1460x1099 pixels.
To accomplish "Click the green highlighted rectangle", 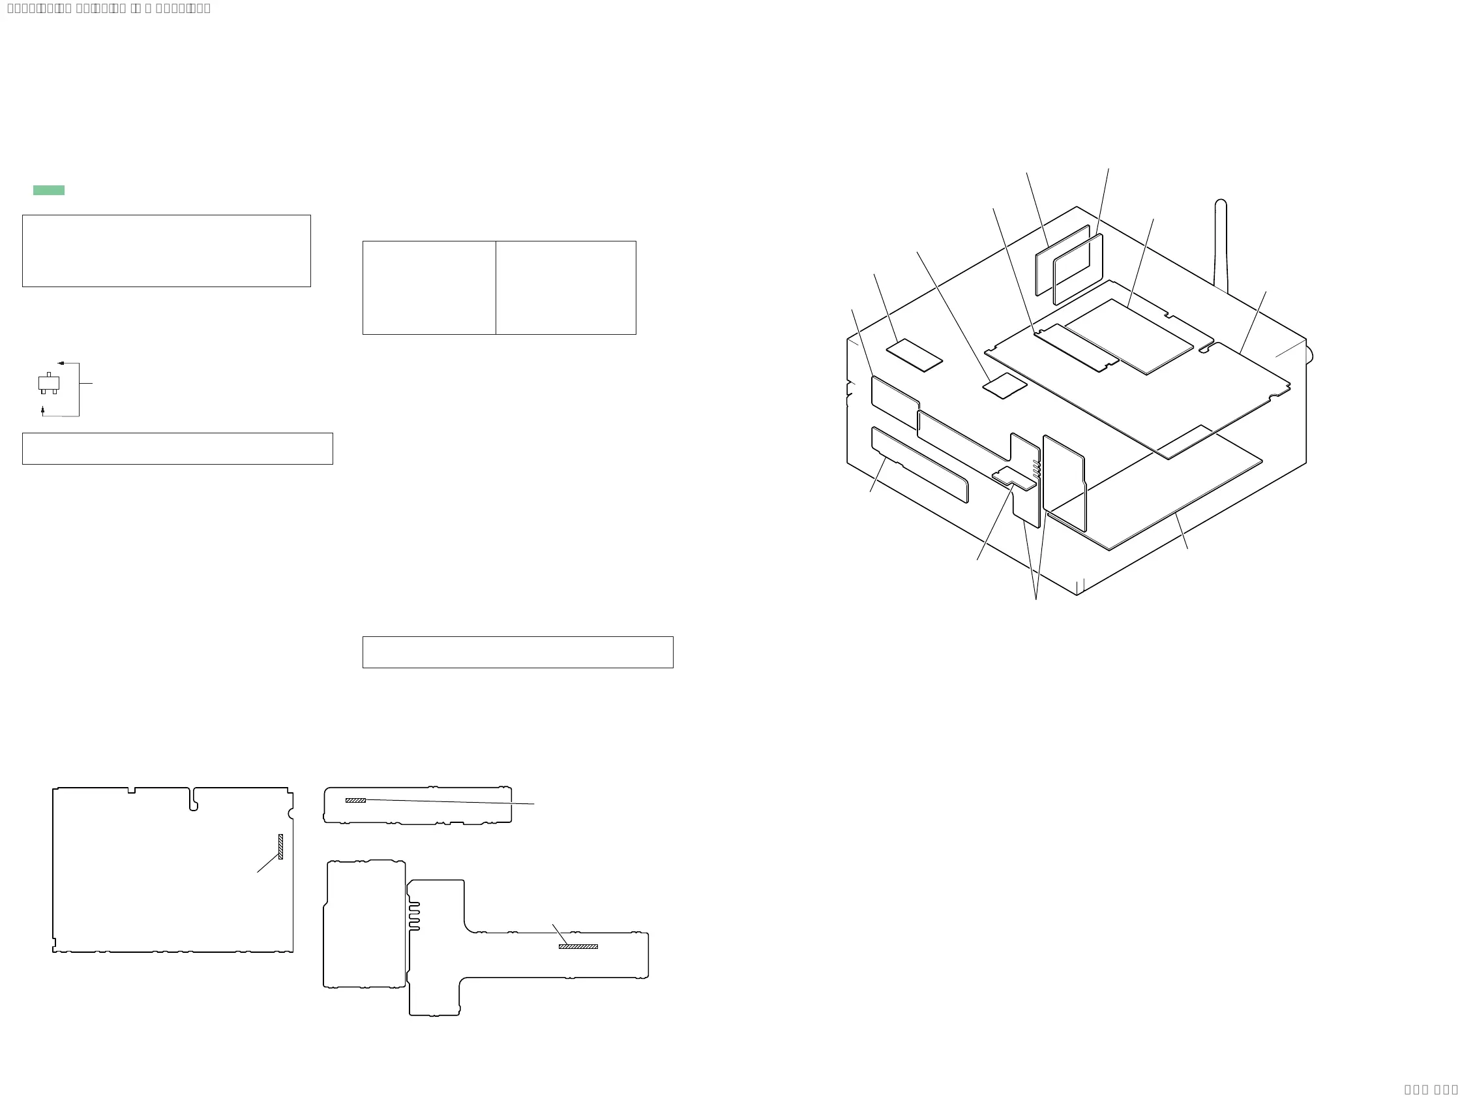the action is (49, 190).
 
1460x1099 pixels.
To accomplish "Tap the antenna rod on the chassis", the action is (1221, 244).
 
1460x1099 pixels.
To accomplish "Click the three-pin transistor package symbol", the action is (49, 383).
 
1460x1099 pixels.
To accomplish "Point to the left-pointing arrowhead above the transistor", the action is (61, 364).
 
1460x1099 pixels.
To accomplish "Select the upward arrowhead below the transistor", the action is (43, 410).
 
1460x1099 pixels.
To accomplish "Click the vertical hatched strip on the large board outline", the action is (280, 846).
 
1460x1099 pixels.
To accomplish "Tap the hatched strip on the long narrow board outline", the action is (355, 801).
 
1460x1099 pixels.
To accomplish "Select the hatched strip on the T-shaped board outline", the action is (578, 946).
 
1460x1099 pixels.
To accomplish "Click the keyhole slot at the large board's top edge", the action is (194, 800).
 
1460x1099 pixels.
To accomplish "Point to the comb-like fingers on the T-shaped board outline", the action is (414, 917).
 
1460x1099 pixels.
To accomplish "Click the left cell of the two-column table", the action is (429, 288).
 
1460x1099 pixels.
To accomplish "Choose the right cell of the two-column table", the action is (565, 288).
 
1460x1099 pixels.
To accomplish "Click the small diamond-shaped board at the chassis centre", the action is (1005, 386).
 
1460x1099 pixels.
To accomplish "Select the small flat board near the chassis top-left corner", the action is (914, 355).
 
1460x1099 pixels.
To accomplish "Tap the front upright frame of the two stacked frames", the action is (1078, 270).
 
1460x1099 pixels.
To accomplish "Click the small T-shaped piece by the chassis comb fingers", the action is (1013, 478).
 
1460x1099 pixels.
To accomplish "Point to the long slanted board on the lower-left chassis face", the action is (919, 464).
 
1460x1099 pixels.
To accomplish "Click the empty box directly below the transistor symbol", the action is (177, 448).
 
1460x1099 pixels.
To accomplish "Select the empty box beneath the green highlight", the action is (166, 251).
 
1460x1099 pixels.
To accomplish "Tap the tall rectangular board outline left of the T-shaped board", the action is (365, 925).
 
